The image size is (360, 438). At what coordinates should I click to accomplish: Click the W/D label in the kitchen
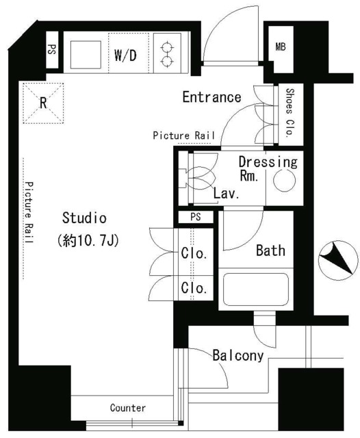tap(125, 55)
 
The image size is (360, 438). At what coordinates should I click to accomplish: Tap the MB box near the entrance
tap(281, 47)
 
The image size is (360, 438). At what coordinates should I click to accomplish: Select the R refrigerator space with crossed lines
tap(43, 103)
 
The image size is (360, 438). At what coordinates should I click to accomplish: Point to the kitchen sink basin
tap(86, 53)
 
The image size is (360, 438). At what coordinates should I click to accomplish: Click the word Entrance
tap(211, 97)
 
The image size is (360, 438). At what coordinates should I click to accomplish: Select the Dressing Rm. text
tap(267, 168)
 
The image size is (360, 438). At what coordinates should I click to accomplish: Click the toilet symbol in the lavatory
tap(198, 179)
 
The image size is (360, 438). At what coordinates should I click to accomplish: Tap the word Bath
tap(270, 250)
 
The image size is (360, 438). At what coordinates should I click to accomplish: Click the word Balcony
tap(237, 355)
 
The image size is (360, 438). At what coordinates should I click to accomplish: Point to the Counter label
tap(128, 408)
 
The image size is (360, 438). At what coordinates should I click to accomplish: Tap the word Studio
tap(84, 218)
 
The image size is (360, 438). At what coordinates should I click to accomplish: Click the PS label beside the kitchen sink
tap(53, 51)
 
